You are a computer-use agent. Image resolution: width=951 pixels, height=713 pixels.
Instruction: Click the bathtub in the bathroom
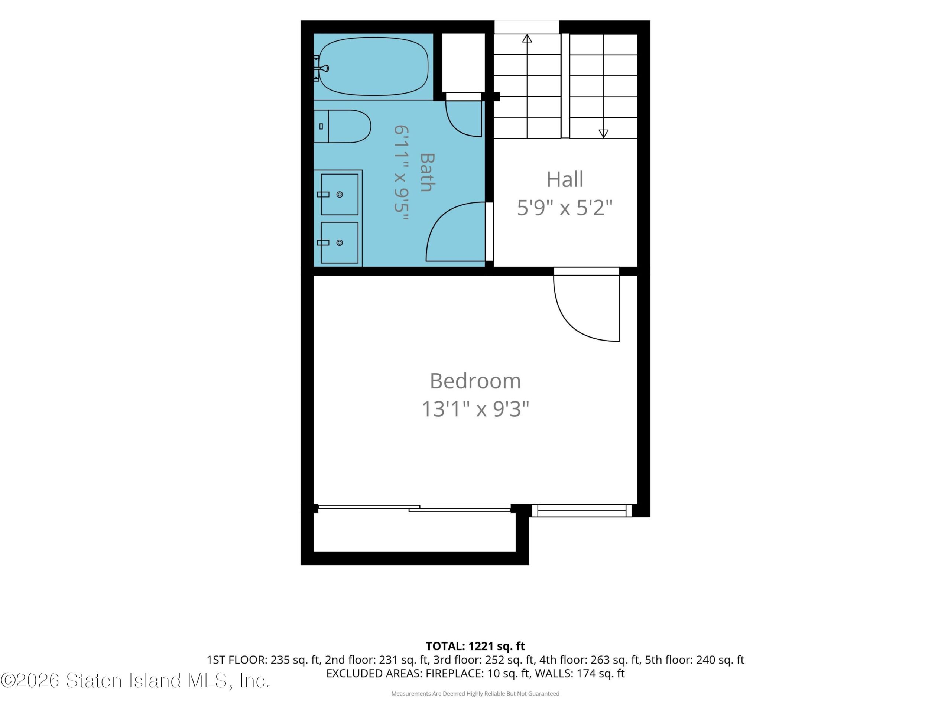pyautogui.click(x=373, y=66)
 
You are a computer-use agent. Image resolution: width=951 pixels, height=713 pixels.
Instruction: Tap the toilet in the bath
pyautogui.click(x=342, y=126)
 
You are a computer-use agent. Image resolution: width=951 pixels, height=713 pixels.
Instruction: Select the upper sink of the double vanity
pyautogui.click(x=339, y=194)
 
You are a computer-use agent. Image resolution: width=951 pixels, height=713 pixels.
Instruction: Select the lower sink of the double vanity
pyautogui.click(x=339, y=243)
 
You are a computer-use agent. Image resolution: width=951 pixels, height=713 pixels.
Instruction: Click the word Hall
pyautogui.click(x=565, y=179)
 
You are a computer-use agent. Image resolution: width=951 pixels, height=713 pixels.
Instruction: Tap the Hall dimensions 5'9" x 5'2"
pyautogui.click(x=565, y=208)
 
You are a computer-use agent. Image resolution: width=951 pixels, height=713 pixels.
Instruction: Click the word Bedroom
pyautogui.click(x=475, y=381)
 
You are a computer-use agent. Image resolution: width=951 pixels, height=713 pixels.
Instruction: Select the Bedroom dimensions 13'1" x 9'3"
pyautogui.click(x=475, y=409)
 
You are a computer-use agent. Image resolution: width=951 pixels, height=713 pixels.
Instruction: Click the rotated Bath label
pyautogui.click(x=427, y=172)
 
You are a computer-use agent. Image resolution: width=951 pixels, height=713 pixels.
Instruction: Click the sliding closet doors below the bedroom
pyautogui.click(x=414, y=508)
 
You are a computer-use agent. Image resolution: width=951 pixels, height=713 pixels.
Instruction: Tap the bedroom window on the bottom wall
pyautogui.click(x=582, y=511)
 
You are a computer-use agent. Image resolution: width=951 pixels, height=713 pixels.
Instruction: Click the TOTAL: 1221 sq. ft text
pyautogui.click(x=475, y=646)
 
